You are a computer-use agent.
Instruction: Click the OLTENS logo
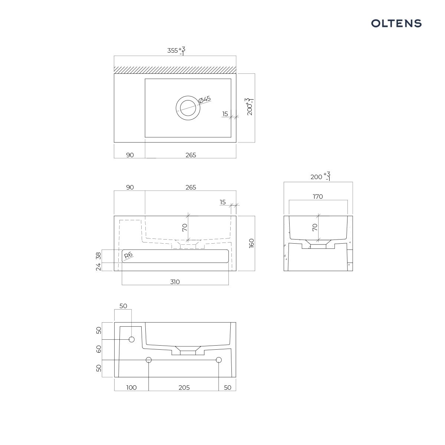(x=396, y=24)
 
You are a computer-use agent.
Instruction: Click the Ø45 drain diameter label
(x=205, y=99)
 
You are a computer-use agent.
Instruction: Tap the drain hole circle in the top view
(x=188, y=108)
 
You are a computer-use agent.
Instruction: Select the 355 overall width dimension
(x=172, y=50)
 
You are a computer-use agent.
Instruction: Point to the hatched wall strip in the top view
(x=175, y=70)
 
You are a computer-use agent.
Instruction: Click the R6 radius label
(x=128, y=255)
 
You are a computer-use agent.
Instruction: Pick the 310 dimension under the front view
(x=175, y=282)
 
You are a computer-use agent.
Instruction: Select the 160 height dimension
(x=251, y=243)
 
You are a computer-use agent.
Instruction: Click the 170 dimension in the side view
(x=318, y=197)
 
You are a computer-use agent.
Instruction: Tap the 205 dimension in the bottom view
(x=184, y=388)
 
